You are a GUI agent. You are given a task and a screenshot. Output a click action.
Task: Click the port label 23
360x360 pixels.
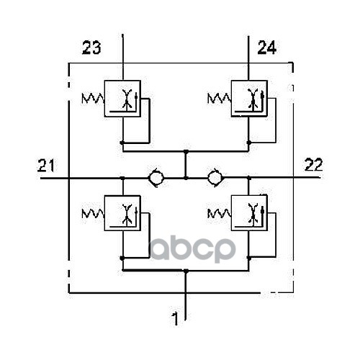click(x=91, y=48)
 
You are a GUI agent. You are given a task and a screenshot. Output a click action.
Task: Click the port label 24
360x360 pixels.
click(x=267, y=48)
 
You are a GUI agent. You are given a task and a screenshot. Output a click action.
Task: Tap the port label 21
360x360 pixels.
click(x=46, y=165)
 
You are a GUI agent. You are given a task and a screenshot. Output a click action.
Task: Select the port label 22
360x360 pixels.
click(x=313, y=165)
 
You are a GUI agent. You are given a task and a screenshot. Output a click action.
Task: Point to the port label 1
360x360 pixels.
click(x=176, y=319)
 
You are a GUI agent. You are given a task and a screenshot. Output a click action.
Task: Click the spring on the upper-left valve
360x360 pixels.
click(x=93, y=99)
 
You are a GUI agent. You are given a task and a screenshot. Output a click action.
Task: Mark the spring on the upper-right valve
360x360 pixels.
click(x=220, y=99)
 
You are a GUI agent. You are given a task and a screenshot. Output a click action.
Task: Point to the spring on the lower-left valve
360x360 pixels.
click(x=93, y=213)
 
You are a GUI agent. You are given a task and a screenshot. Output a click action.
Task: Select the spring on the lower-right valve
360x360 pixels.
click(x=220, y=213)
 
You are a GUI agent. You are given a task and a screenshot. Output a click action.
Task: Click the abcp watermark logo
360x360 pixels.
click(x=192, y=250)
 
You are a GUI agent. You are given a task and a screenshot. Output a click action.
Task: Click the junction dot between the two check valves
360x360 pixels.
click(x=186, y=178)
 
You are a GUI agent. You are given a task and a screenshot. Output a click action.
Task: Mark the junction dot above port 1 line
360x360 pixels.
click(x=186, y=271)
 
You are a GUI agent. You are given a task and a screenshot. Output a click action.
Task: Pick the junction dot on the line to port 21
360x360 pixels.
click(x=122, y=178)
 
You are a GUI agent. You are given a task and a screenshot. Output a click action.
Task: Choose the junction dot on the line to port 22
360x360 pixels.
click(x=249, y=178)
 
